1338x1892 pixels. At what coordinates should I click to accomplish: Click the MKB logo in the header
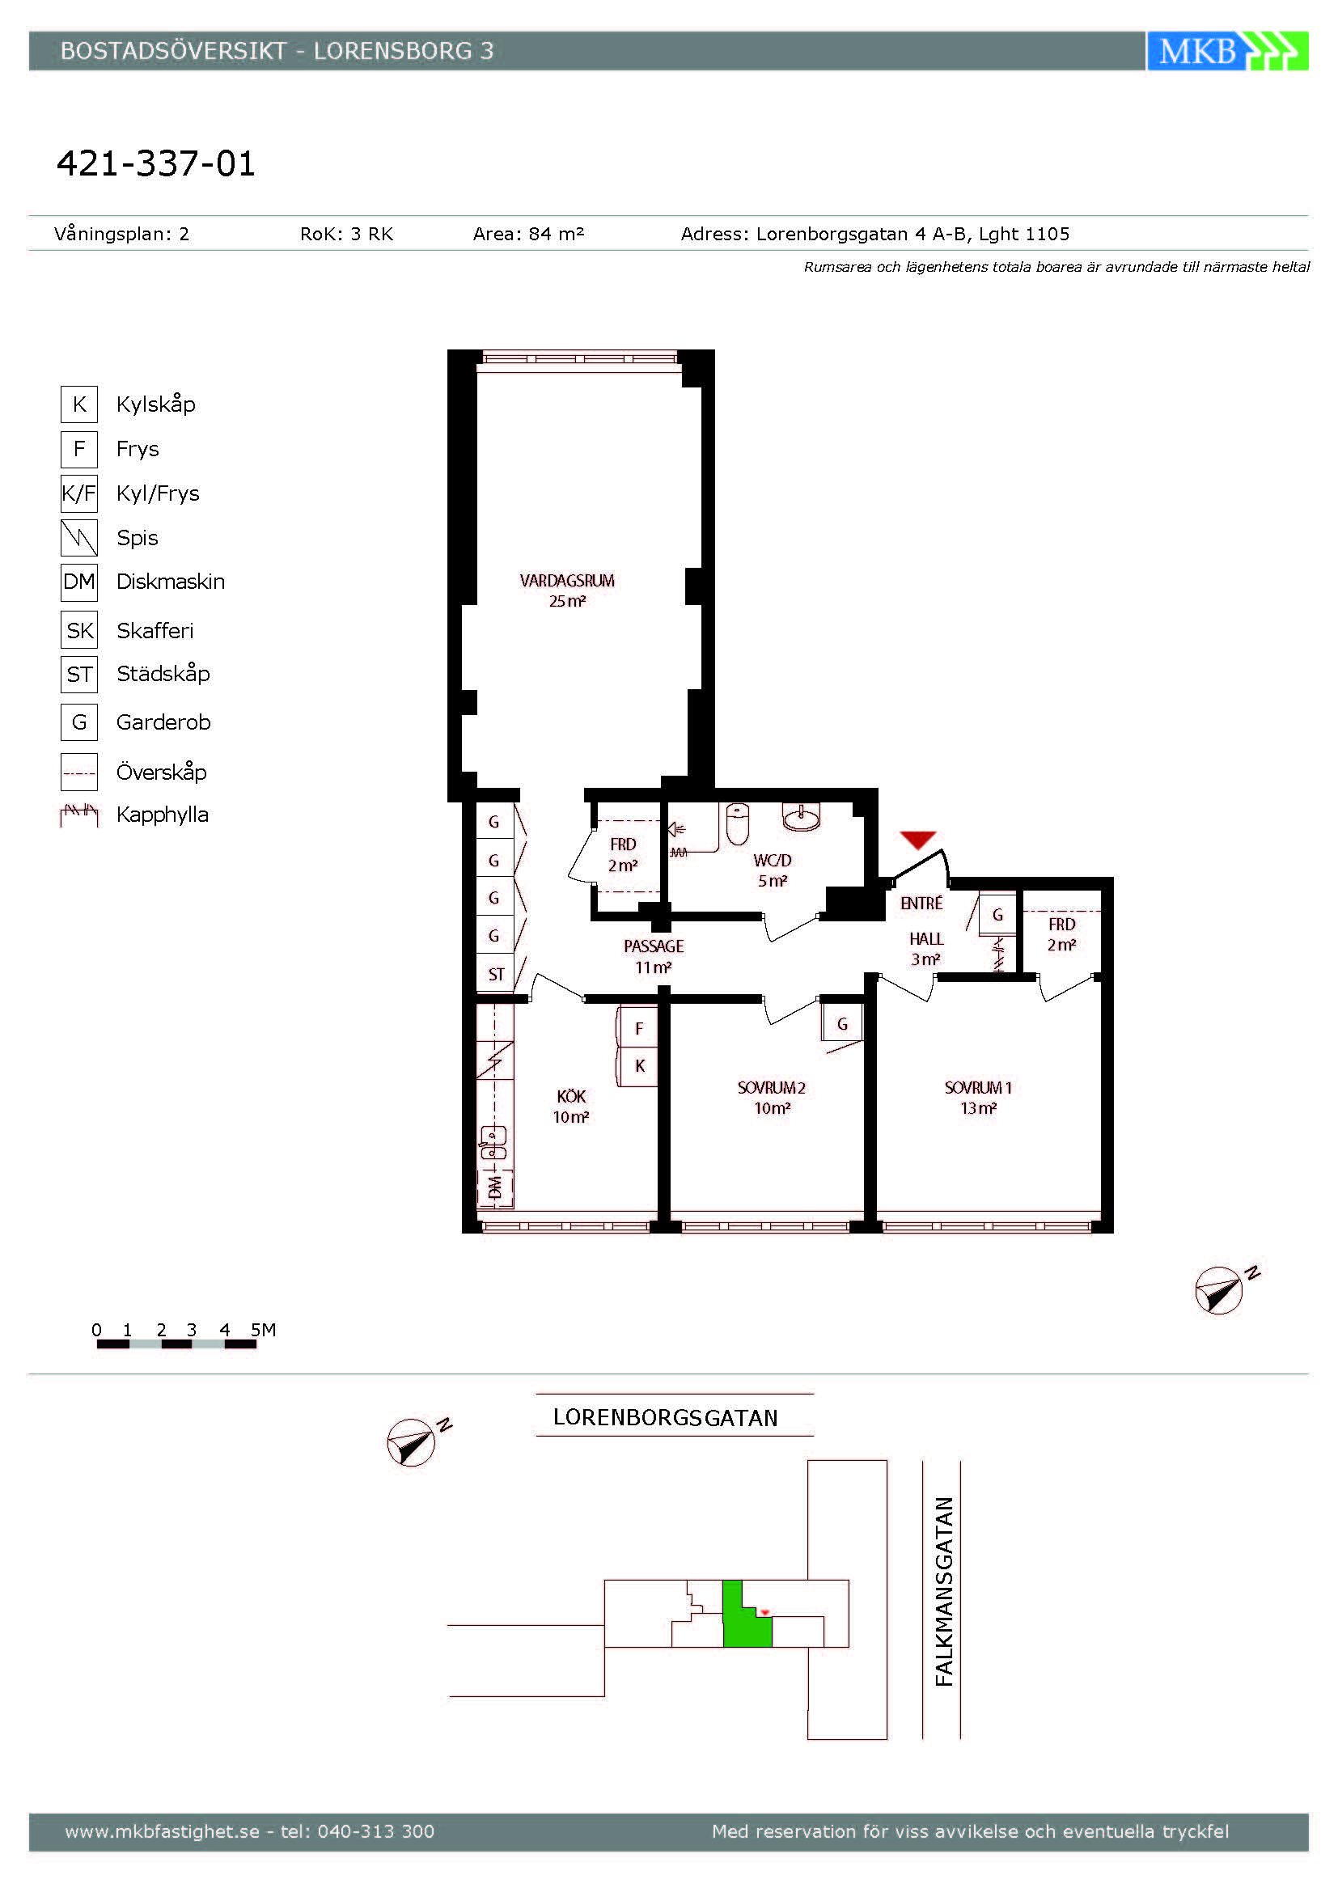tap(1227, 51)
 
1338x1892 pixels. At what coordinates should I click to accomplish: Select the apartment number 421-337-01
tap(155, 163)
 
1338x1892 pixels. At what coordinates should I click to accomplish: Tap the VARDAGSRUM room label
tap(567, 580)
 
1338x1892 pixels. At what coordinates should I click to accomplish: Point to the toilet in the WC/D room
tap(738, 825)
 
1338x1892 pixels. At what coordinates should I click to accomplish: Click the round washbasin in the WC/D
tap(801, 818)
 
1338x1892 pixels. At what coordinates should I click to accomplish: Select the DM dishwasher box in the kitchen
tap(495, 1187)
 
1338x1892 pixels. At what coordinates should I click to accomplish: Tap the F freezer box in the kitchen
tap(637, 1028)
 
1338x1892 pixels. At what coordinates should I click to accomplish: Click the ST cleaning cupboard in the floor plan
tap(495, 974)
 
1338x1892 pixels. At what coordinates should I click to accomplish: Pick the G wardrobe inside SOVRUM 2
tap(842, 1023)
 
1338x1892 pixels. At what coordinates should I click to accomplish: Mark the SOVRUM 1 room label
tap(978, 1088)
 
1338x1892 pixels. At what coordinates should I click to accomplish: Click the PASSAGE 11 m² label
tap(654, 957)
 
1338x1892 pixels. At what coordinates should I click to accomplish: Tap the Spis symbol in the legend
tap(79, 537)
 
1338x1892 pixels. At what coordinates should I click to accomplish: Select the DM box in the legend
tap(79, 582)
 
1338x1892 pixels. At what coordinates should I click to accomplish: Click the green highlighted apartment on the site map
tap(744, 1622)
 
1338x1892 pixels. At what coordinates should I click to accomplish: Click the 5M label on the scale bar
tap(263, 1330)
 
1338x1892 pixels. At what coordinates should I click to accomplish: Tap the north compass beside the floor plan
tap(1220, 1289)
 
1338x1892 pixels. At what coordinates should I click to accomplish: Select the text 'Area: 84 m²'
tap(528, 234)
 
